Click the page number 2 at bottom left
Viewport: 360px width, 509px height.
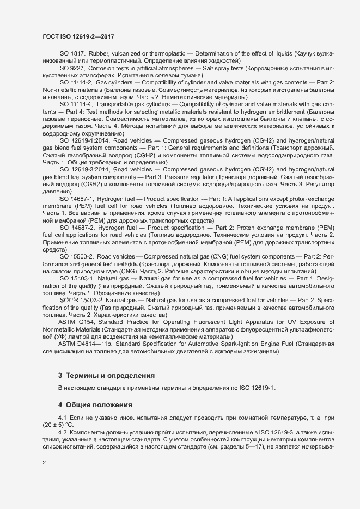[44, 462]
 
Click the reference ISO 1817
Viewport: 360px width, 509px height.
[71, 53]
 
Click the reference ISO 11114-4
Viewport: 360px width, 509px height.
[75, 103]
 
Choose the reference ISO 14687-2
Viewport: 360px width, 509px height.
[75, 227]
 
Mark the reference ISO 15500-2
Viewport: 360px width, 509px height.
[75, 255]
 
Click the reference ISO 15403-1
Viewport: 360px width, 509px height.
[75, 278]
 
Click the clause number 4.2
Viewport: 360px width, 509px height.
[63, 432]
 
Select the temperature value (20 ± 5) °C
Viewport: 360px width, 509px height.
[57, 425]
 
